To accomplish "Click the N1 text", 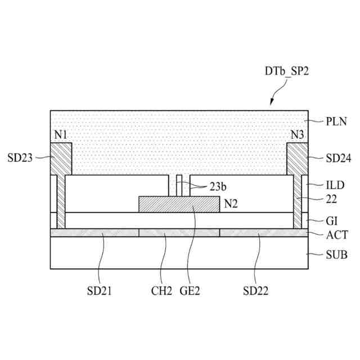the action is tap(60, 136).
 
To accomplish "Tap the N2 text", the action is tap(229, 204).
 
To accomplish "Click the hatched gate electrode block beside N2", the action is tap(178, 204).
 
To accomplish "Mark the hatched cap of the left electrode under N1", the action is tap(61, 159).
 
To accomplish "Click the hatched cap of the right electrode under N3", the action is tap(298, 159).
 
